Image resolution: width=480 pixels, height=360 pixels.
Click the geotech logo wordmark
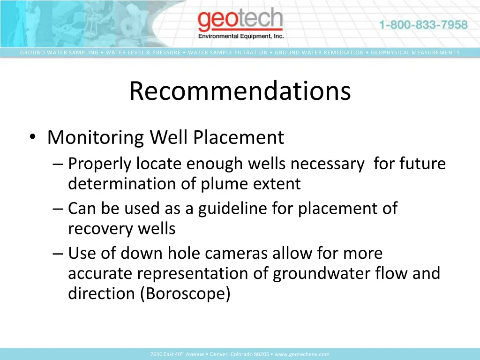coord(240,21)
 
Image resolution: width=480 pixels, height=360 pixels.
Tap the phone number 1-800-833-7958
coord(423,25)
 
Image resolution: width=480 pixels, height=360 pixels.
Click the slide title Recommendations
coord(240,91)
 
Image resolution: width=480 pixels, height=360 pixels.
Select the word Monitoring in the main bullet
coord(96,138)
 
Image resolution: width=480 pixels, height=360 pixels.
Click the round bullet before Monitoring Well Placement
coord(32,137)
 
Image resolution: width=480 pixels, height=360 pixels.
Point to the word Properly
coord(99,164)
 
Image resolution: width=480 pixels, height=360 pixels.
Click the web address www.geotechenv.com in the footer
coord(302,354)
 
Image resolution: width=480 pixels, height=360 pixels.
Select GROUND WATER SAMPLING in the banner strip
coord(59,52)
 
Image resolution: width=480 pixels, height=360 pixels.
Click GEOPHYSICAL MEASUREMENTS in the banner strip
coord(415,52)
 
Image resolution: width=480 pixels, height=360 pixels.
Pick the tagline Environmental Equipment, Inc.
coord(241,36)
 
